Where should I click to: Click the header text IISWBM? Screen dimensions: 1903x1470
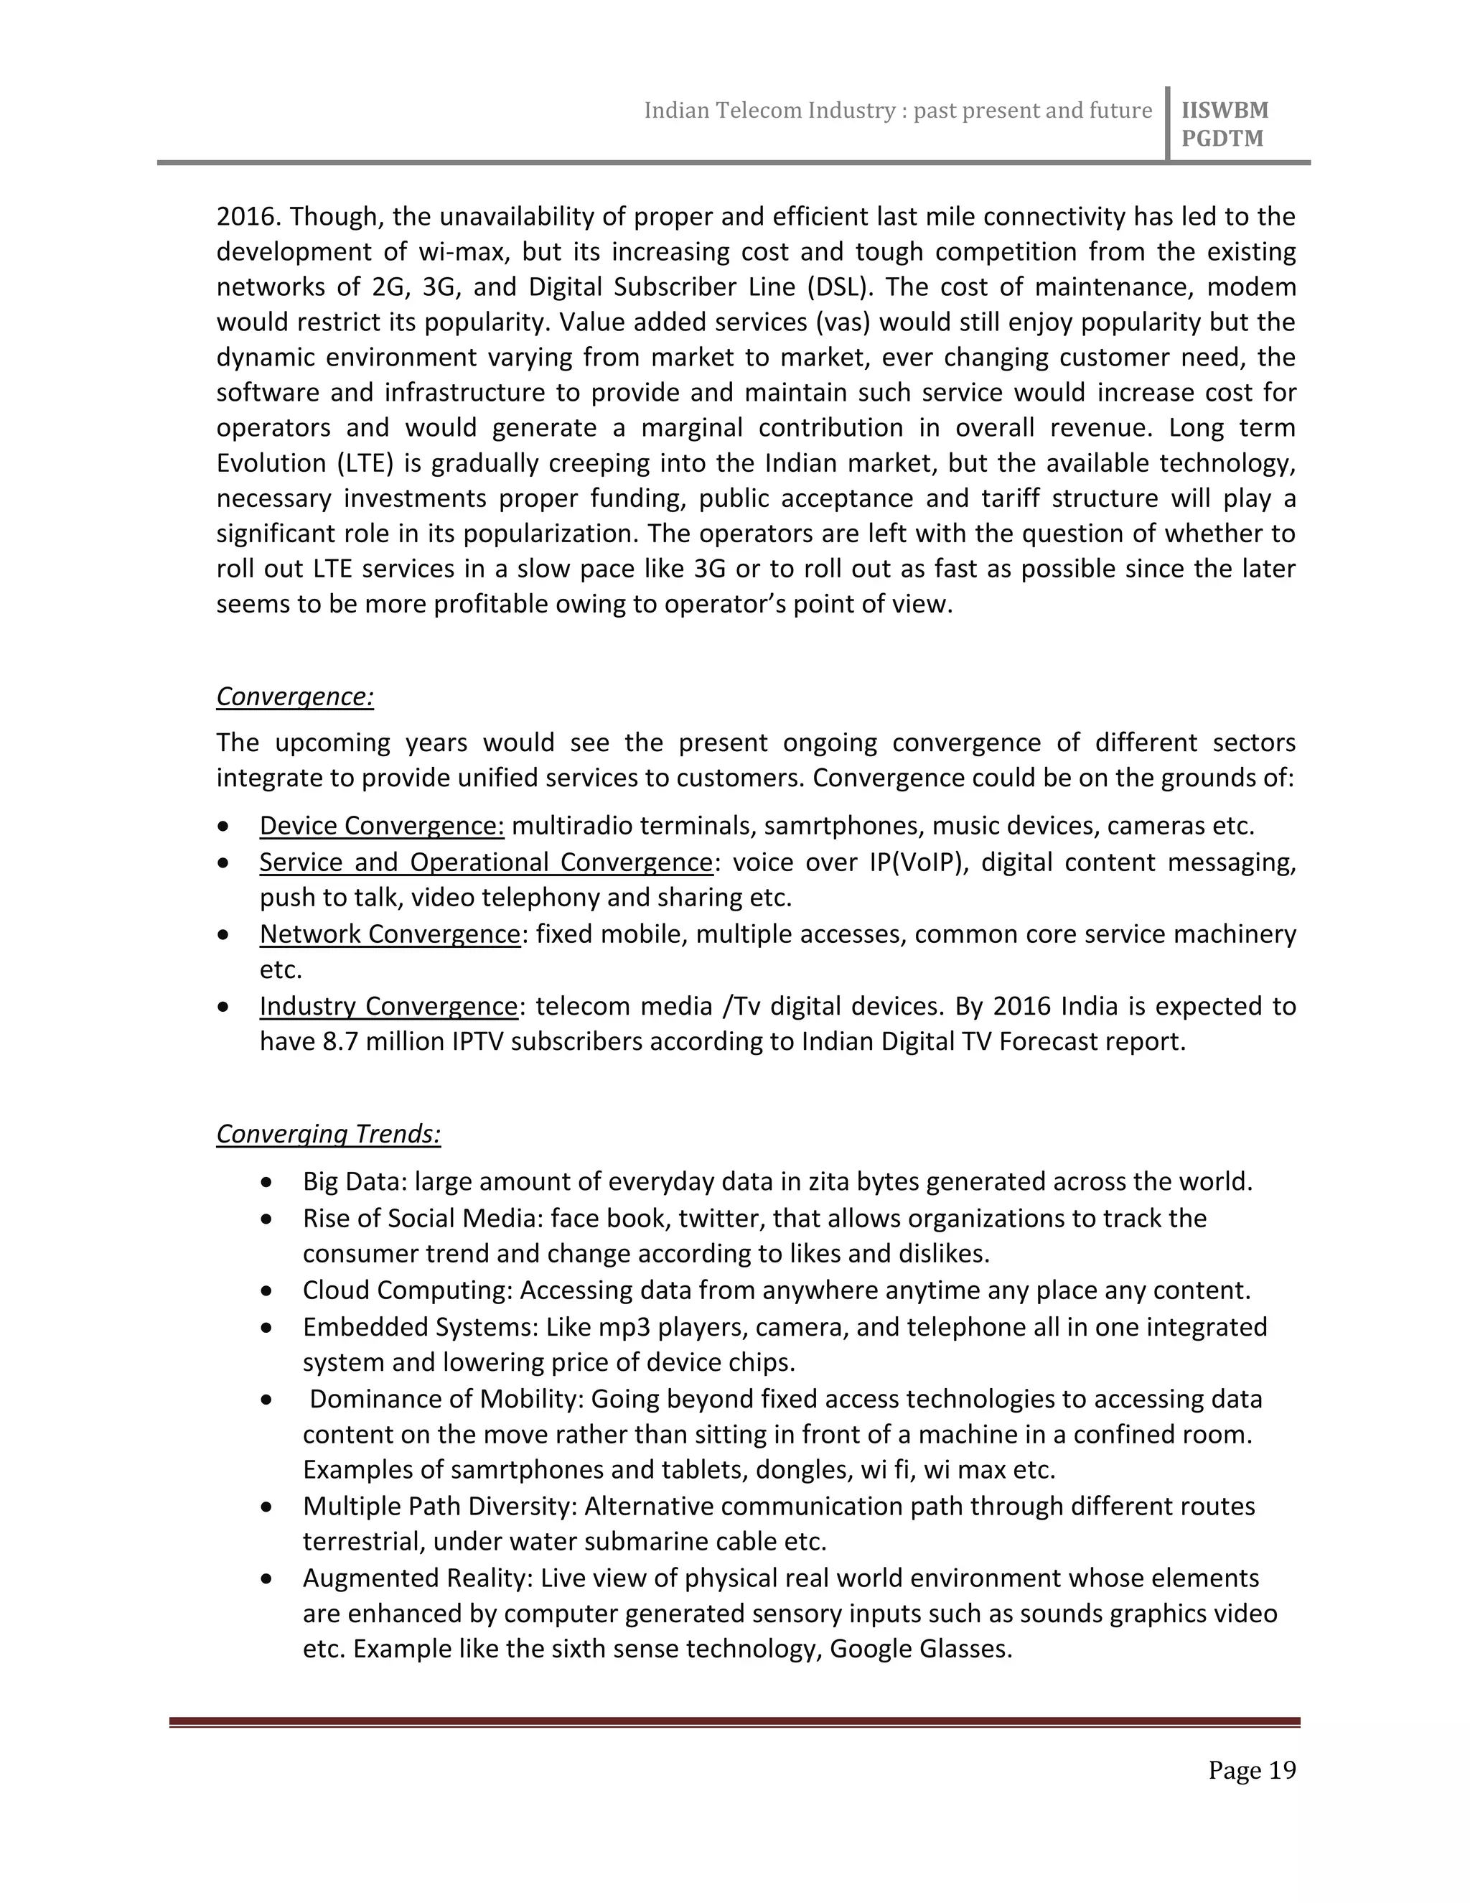(1225, 111)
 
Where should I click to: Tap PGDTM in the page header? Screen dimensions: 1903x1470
(1222, 139)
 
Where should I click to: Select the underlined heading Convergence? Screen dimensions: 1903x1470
(294, 697)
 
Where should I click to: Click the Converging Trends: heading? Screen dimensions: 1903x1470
(328, 1134)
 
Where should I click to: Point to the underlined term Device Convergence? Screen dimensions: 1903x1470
(381, 825)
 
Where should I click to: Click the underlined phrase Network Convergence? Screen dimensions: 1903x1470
(389, 934)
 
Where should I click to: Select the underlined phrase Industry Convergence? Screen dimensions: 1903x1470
(388, 1006)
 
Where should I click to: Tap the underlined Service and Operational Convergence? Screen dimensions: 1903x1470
(486, 862)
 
